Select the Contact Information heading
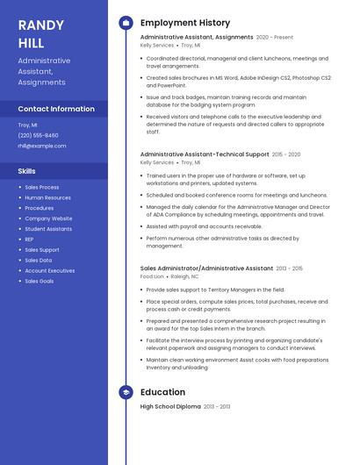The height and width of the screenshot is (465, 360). tap(56, 109)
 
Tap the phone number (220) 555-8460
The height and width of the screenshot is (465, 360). tap(38, 135)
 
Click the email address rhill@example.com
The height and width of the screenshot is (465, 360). tap(42, 146)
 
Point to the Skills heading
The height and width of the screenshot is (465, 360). tap(27, 171)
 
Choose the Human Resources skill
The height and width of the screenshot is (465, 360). tap(47, 197)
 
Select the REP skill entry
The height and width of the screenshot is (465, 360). tap(29, 240)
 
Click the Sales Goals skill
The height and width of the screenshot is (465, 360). tap(39, 281)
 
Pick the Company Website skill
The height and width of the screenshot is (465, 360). tap(48, 218)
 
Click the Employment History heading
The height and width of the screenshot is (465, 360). tap(185, 23)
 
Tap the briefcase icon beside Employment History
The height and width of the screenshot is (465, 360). tap(126, 23)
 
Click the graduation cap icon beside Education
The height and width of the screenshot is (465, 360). tap(126, 392)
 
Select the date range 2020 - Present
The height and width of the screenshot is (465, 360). tap(275, 38)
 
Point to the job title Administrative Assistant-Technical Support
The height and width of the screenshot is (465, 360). tap(205, 154)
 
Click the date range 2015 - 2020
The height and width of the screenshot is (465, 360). tap(286, 154)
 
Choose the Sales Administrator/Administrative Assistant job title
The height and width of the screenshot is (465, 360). tap(206, 268)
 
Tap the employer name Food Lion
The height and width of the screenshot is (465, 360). tap(152, 276)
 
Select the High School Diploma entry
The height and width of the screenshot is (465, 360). tap(170, 407)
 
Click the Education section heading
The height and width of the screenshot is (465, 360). tap(162, 392)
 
